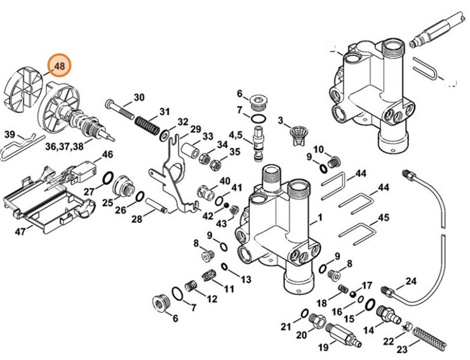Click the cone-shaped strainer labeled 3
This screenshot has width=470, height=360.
297,131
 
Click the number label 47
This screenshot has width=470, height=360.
21,232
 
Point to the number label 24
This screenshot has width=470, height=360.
411,281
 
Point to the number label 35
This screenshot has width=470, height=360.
234,152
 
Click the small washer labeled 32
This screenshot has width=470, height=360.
164,134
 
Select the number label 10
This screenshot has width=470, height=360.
318,149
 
